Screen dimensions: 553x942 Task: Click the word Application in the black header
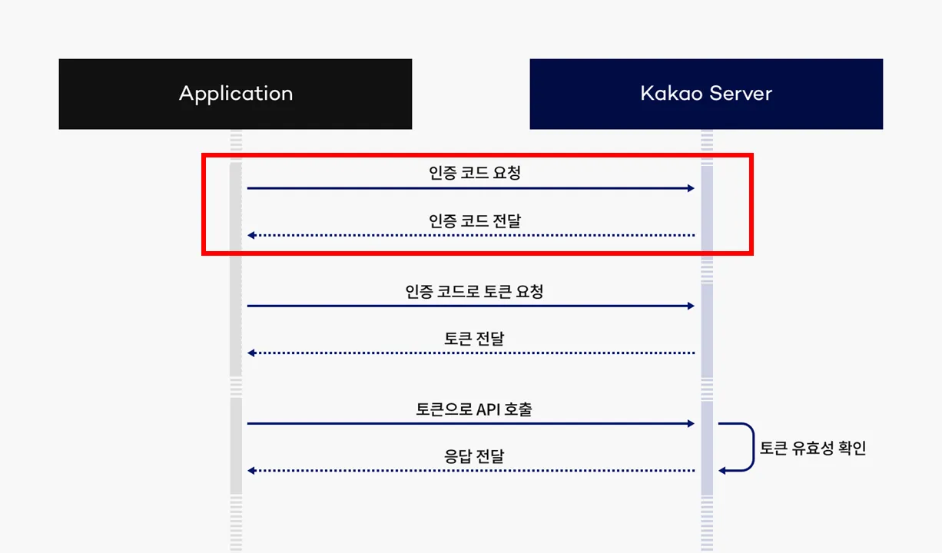(x=236, y=94)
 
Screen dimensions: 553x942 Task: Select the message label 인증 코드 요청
(x=475, y=173)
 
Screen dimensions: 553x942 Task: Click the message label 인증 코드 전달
(x=475, y=221)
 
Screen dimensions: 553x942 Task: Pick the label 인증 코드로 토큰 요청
(x=474, y=292)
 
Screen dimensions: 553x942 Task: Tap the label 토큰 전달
(x=474, y=339)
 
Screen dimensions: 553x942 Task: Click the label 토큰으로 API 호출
(x=474, y=409)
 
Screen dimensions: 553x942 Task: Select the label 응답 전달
(x=474, y=456)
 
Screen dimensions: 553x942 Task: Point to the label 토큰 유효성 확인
(x=813, y=448)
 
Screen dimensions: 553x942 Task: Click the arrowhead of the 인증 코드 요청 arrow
(x=691, y=188)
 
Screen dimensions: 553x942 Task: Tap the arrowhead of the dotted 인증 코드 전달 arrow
(x=251, y=235)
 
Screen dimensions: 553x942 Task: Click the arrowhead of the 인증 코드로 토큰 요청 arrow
(x=691, y=306)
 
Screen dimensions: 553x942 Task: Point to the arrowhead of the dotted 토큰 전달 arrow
(x=251, y=353)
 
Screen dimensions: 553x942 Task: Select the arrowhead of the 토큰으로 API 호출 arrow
(x=691, y=423)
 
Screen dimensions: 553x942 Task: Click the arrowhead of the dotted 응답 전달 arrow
(x=251, y=470)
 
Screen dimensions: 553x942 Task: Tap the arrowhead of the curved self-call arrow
(x=722, y=470)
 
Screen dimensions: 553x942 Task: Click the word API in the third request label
(x=488, y=409)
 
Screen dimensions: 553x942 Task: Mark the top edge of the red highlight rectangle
(x=476, y=155)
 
